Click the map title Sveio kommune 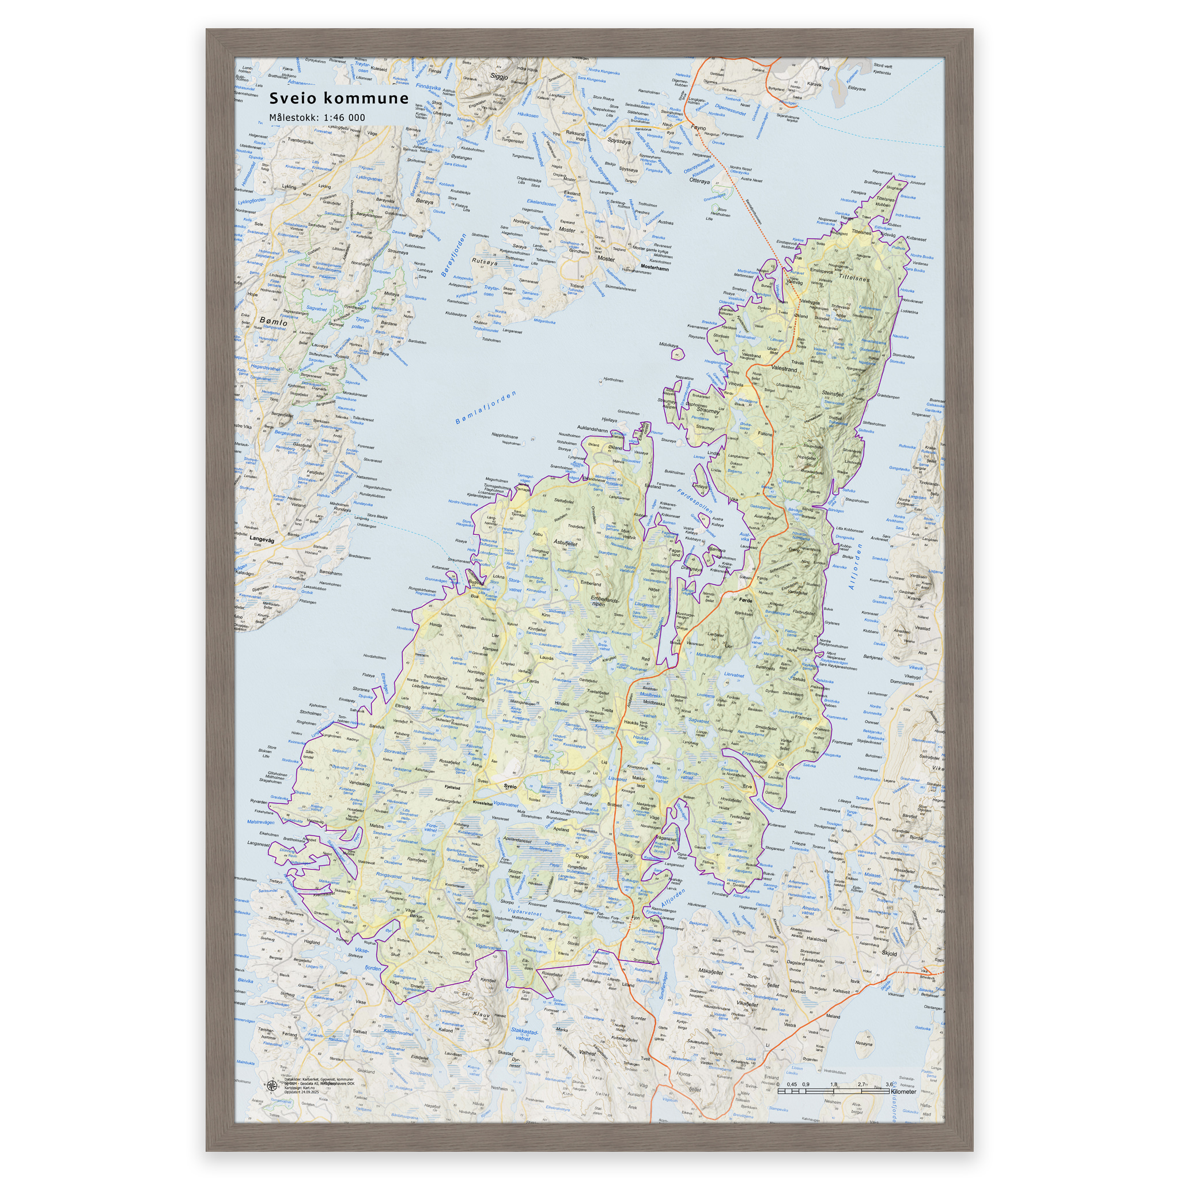coord(339,99)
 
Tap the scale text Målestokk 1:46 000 coord(317,118)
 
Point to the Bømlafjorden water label coord(486,408)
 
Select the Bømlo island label coord(273,322)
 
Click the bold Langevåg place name coord(262,540)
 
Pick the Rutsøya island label coord(485,262)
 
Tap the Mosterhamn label coord(655,268)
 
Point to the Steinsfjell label coord(833,394)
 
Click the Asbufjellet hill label coord(565,542)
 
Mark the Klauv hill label coord(481,1015)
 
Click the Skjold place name coord(889,953)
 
